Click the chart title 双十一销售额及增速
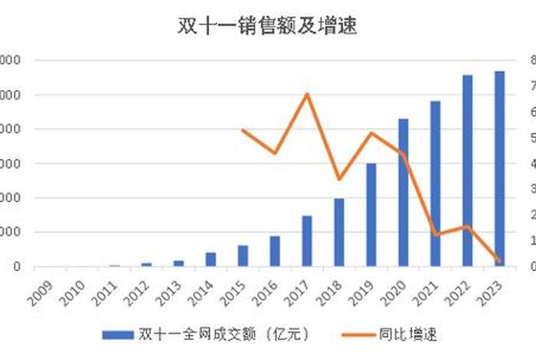coord(268,27)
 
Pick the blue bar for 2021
coord(435,184)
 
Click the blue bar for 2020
coord(404,193)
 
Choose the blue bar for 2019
coord(371,215)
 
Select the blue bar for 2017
coord(307,241)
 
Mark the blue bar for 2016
coord(275,251)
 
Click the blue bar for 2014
coord(211,260)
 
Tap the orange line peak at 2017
coord(307,94)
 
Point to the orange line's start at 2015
coord(243,130)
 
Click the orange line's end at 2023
coord(499,261)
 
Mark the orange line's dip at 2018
coord(339,179)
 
